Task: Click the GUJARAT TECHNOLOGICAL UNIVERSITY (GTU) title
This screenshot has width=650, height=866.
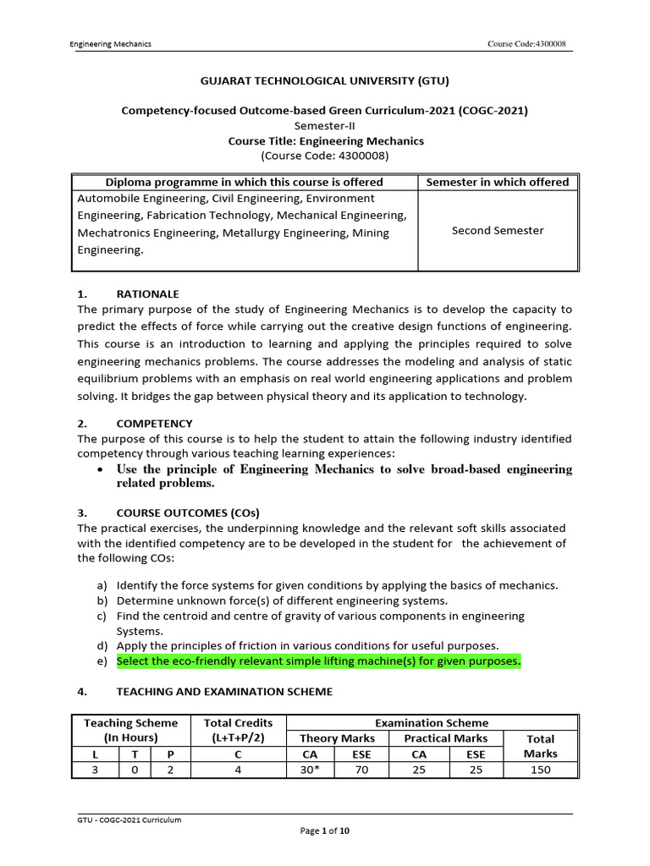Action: click(x=324, y=81)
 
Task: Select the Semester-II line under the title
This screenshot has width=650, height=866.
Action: click(x=324, y=126)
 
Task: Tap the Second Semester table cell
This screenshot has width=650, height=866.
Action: click(x=498, y=230)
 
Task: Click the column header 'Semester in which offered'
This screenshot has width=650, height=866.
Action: click(x=497, y=182)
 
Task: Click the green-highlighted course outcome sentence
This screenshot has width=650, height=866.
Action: click(x=318, y=661)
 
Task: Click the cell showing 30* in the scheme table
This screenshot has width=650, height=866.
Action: click(x=311, y=769)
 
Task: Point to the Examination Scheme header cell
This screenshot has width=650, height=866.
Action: click(x=432, y=723)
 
